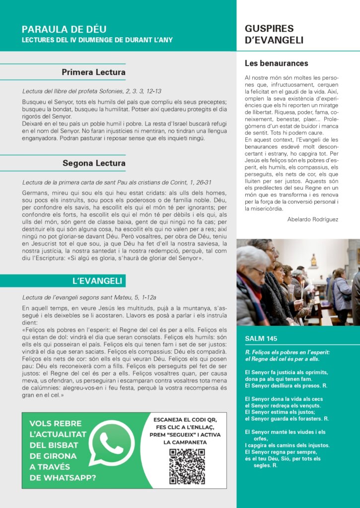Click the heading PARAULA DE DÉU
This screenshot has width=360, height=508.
coord(64,29)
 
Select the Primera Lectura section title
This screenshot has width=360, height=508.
coord(93,72)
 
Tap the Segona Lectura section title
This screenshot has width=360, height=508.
coord(94,163)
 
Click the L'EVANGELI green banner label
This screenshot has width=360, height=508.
coord(97,281)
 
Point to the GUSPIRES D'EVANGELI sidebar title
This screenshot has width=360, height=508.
coord(274,34)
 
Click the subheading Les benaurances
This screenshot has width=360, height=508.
coord(276,63)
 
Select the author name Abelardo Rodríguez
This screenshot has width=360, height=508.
coord(312,219)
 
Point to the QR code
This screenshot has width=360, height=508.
coord(187,466)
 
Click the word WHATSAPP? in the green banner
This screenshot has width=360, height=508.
coord(63,478)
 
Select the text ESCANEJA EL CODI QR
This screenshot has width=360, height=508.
coord(185,420)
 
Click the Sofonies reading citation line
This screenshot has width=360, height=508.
coord(92,91)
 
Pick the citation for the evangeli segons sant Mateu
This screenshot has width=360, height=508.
coord(89,297)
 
